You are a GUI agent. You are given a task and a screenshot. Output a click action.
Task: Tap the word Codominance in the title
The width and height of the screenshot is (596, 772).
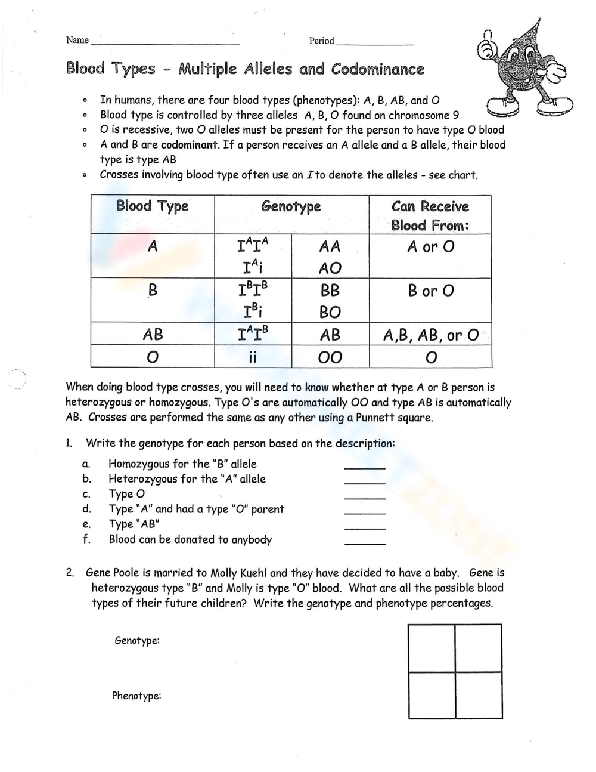coord(378,69)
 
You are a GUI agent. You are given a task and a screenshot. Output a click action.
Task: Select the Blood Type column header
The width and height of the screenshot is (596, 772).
coord(153,206)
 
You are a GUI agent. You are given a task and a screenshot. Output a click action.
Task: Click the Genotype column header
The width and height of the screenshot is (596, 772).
coord(291,206)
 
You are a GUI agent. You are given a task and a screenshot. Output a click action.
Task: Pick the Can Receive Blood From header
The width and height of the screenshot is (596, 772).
coord(430,215)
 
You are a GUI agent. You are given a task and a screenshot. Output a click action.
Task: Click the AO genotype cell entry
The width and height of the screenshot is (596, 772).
coord(330,268)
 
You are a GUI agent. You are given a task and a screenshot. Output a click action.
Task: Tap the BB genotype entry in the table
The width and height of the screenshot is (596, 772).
coord(330,290)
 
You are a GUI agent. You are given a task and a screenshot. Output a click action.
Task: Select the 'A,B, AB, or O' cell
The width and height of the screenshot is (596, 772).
coord(430,335)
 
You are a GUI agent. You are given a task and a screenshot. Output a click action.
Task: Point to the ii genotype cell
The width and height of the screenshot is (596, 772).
coord(252,357)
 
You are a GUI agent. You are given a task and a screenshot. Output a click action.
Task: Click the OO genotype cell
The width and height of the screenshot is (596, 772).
coord(330,357)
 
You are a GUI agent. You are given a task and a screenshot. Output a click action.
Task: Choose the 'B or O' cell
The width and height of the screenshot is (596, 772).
coord(430,291)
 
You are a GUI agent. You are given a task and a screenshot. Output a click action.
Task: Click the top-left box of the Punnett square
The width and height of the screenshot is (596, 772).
coord(432,648)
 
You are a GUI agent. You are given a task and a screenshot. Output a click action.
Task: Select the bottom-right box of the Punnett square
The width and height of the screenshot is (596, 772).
coord(478,694)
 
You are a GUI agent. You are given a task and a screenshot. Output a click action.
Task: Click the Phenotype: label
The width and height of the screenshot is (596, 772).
coord(136,696)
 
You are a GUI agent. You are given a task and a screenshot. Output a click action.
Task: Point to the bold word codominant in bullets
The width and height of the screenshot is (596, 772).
coord(189,145)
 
